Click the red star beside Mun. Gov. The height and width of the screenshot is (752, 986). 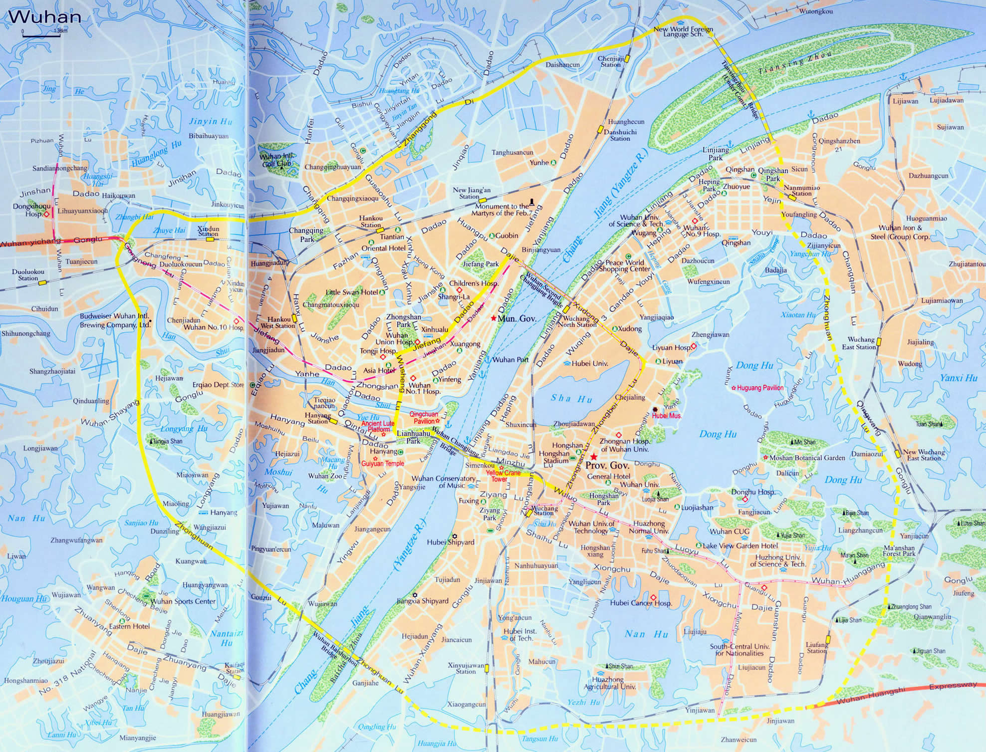(493, 318)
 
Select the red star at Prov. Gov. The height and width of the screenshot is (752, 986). (593, 457)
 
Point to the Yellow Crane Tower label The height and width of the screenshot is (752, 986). (503, 476)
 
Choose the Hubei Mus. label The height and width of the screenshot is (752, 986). (667, 415)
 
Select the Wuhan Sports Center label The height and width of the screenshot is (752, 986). (183, 601)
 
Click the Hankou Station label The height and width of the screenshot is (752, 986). (371, 222)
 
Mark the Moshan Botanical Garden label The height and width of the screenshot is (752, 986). (807, 458)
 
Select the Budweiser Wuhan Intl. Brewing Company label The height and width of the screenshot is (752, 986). (115, 320)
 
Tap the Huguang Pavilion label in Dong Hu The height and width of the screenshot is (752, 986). (760, 388)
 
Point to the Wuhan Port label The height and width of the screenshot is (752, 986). (510, 359)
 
